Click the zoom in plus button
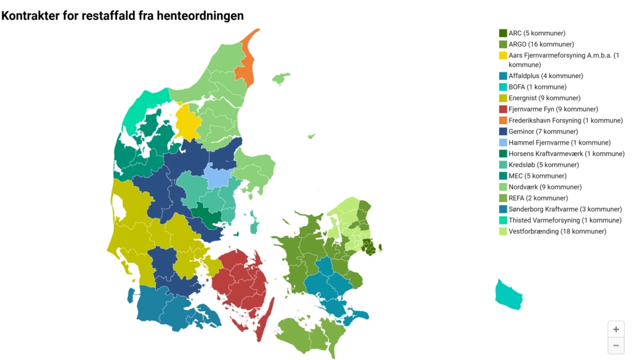(615, 329)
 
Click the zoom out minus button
(615, 345)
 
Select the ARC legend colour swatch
(503, 33)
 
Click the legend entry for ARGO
(541, 44)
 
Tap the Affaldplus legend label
(546, 75)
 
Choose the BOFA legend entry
(537, 87)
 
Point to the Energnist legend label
(544, 98)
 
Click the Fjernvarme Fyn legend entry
(553, 109)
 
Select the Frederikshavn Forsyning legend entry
(565, 120)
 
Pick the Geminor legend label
(543, 131)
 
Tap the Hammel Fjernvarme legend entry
(559, 143)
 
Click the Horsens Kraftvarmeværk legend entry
(566, 153)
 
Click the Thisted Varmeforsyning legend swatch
(503, 221)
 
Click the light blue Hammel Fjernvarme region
(217, 175)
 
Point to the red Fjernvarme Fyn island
(240, 281)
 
